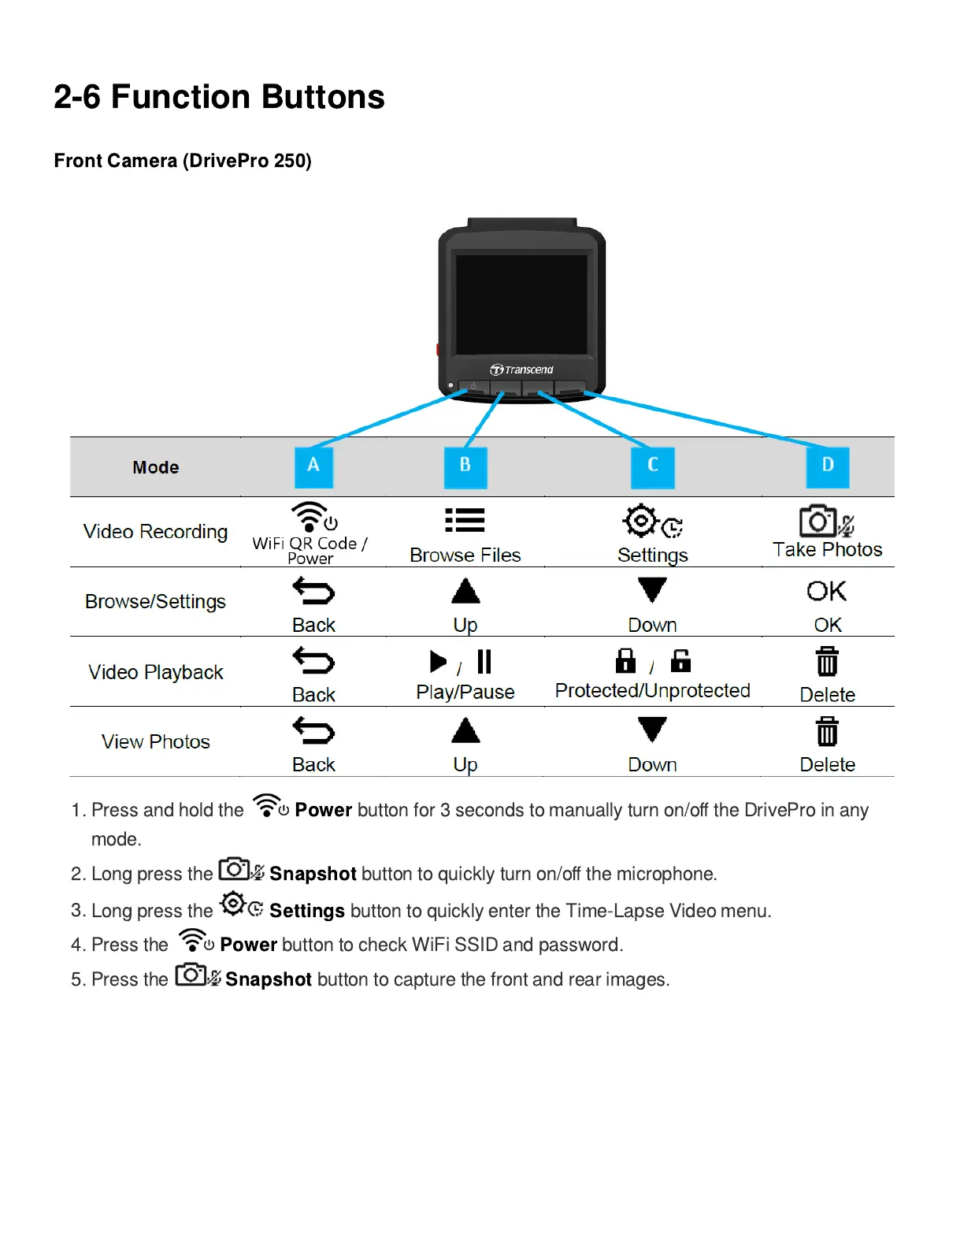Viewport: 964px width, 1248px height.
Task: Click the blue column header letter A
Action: [313, 466]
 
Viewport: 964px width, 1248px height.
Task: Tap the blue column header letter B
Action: [465, 466]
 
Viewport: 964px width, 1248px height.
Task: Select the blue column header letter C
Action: [652, 466]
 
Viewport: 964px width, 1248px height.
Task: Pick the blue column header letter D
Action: [827, 466]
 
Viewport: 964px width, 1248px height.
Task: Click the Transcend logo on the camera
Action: [521, 370]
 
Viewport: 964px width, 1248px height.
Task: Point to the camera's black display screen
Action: [521, 304]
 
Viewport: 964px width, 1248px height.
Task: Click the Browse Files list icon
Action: [465, 521]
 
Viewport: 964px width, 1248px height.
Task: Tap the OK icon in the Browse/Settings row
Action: [826, 591]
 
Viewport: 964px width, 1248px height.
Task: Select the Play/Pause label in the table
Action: [465, 693]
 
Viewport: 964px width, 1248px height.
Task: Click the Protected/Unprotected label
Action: [652, 691]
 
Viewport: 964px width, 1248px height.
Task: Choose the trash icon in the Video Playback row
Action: [827, 662]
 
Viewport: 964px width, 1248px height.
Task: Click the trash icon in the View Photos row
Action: [827, 731]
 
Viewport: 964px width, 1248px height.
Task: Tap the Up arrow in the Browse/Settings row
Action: [465, 591]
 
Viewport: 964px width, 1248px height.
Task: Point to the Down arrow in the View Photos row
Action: [652, 730]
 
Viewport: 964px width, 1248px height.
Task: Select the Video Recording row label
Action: [155, 532]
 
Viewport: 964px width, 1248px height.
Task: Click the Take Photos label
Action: [827, 550]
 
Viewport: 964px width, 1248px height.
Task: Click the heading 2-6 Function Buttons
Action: [219, 97]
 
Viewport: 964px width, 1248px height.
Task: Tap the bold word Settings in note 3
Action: [306, 911]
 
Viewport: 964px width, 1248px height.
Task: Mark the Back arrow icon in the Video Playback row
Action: [313, 661]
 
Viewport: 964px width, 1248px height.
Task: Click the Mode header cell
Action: [155, 467]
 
